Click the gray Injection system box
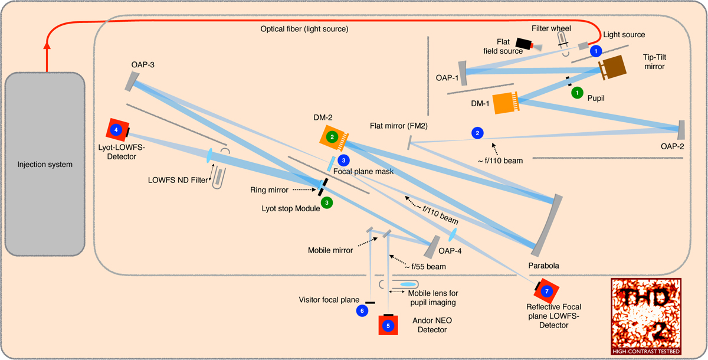tap(44, 164)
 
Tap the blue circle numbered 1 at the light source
tap(596, 51)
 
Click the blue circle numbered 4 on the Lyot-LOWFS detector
tap(116, 129)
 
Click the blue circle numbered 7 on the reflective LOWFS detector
tap(547, 291)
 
